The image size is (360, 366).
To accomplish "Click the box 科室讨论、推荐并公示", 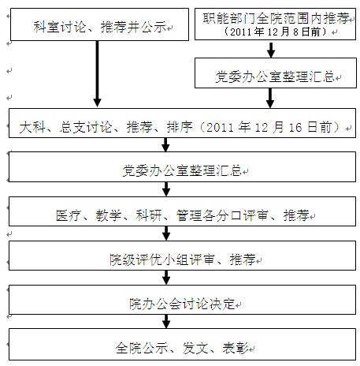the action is coord(99,24).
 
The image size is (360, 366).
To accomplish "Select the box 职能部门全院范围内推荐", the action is coord(275,24).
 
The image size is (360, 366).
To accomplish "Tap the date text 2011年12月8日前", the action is coord(275,32).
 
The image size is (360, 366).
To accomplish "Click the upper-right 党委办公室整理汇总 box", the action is coord(276,73).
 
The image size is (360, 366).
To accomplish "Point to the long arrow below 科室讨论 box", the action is coord(97,73).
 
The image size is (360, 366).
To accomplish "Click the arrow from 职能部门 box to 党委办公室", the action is coord(271,49).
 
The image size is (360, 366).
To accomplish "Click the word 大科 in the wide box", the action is coord(32,128).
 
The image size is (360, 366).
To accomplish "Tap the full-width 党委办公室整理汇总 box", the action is coord(183,166).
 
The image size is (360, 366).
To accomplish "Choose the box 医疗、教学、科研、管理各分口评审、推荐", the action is coord(183,211).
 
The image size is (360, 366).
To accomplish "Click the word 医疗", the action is coord(69,215).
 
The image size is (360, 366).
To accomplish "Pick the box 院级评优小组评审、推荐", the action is coord(183,256).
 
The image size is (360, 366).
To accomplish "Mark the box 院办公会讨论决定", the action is coord(183,300).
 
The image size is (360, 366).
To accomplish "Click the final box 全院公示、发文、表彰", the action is coord(183,344).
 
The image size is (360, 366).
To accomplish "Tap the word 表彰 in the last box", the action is coord(236,348).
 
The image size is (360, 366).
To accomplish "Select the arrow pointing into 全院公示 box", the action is coord(166,321).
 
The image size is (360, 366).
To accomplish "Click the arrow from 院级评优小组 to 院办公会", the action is coord(166,278).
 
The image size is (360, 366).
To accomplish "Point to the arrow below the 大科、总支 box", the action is coord(165,144).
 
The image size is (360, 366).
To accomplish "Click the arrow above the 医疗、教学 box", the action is coord(166,189).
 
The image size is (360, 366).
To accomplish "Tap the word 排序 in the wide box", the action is coord(180,128).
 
